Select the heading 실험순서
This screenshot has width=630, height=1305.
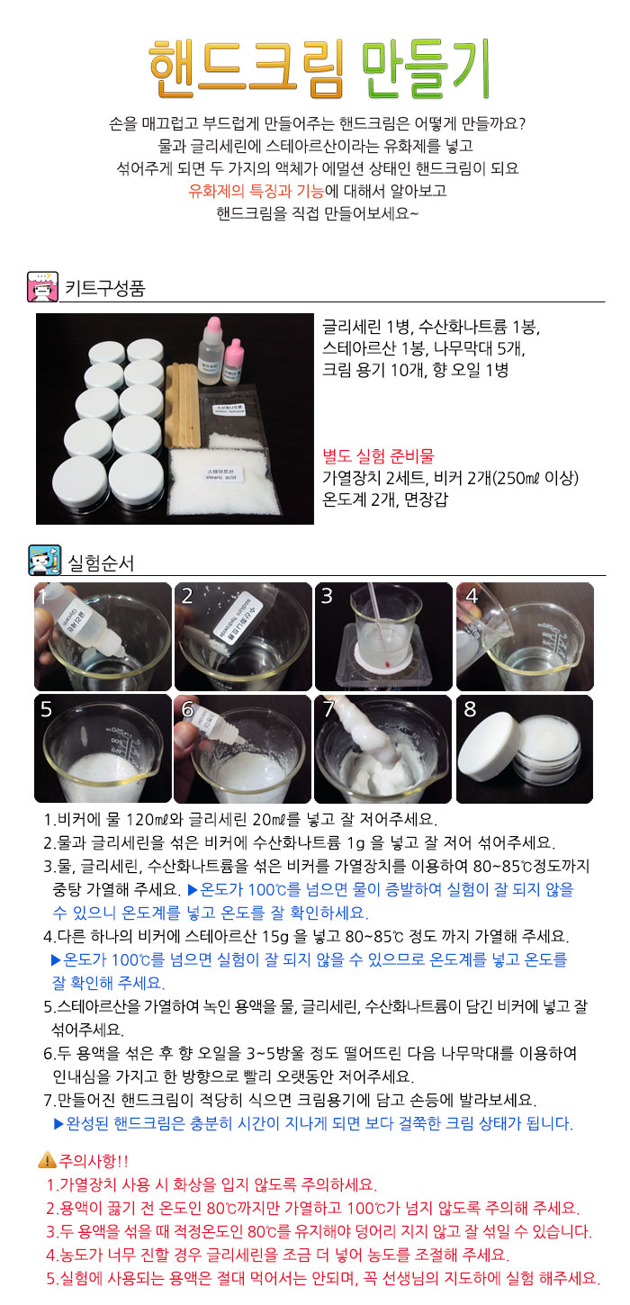point(101,564)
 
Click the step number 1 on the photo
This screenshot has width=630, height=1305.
point(42,596)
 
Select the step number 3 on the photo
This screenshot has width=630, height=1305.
point(327,596)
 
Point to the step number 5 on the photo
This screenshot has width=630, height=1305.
point(46,708)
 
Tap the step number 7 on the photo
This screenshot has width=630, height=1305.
point(328,708)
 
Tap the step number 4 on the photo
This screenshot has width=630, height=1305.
point(470,596)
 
